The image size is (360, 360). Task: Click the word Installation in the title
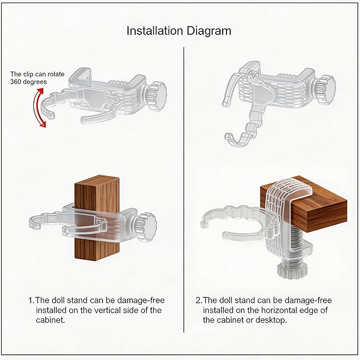(155, 31)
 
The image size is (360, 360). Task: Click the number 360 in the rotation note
(15, 82)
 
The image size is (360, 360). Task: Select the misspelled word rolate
(56, 74)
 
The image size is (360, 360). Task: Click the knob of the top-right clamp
(325, 90)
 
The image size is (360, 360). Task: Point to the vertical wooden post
(97, 217)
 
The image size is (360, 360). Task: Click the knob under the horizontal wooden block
(291, 270)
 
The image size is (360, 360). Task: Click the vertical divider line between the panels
(184, 190)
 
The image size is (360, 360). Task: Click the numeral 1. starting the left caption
(31, 300)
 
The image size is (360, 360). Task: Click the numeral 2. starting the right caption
(199, 300)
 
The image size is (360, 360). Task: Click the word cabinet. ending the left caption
(50, 320)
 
